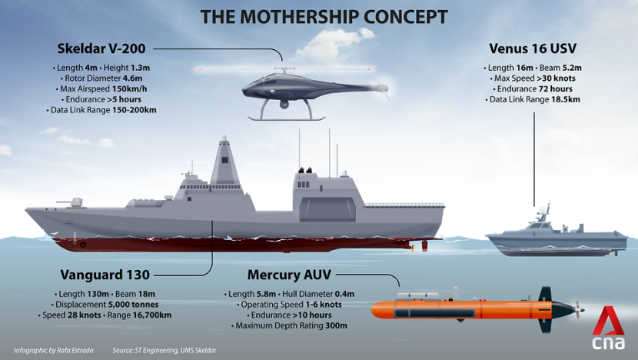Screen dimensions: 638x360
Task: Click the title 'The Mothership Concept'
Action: click(324, 17)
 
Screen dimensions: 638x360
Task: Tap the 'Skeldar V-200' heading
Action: click(101, 48)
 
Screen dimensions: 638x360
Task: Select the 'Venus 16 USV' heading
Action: click(533, 48)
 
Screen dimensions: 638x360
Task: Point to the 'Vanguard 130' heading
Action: click(105, 275)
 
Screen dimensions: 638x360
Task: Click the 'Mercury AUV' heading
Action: click(289, 275)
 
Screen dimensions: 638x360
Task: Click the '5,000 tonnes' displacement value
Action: click(134, 305)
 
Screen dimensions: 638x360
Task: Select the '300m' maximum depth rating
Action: click(336, 326)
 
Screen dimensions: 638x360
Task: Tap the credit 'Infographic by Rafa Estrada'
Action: click(54, 350)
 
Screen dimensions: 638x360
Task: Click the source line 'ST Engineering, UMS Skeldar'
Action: click(176, 350)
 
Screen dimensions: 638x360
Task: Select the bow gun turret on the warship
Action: click(72, 202)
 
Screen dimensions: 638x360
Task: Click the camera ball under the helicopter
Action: click(284, 105)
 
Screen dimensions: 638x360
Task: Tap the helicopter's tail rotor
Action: click(381, 88)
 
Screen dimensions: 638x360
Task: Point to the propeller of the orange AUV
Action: click(578, 310)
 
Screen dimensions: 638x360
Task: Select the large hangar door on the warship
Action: click(327, 210)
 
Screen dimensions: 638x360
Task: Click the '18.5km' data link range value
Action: click(566, 99)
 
